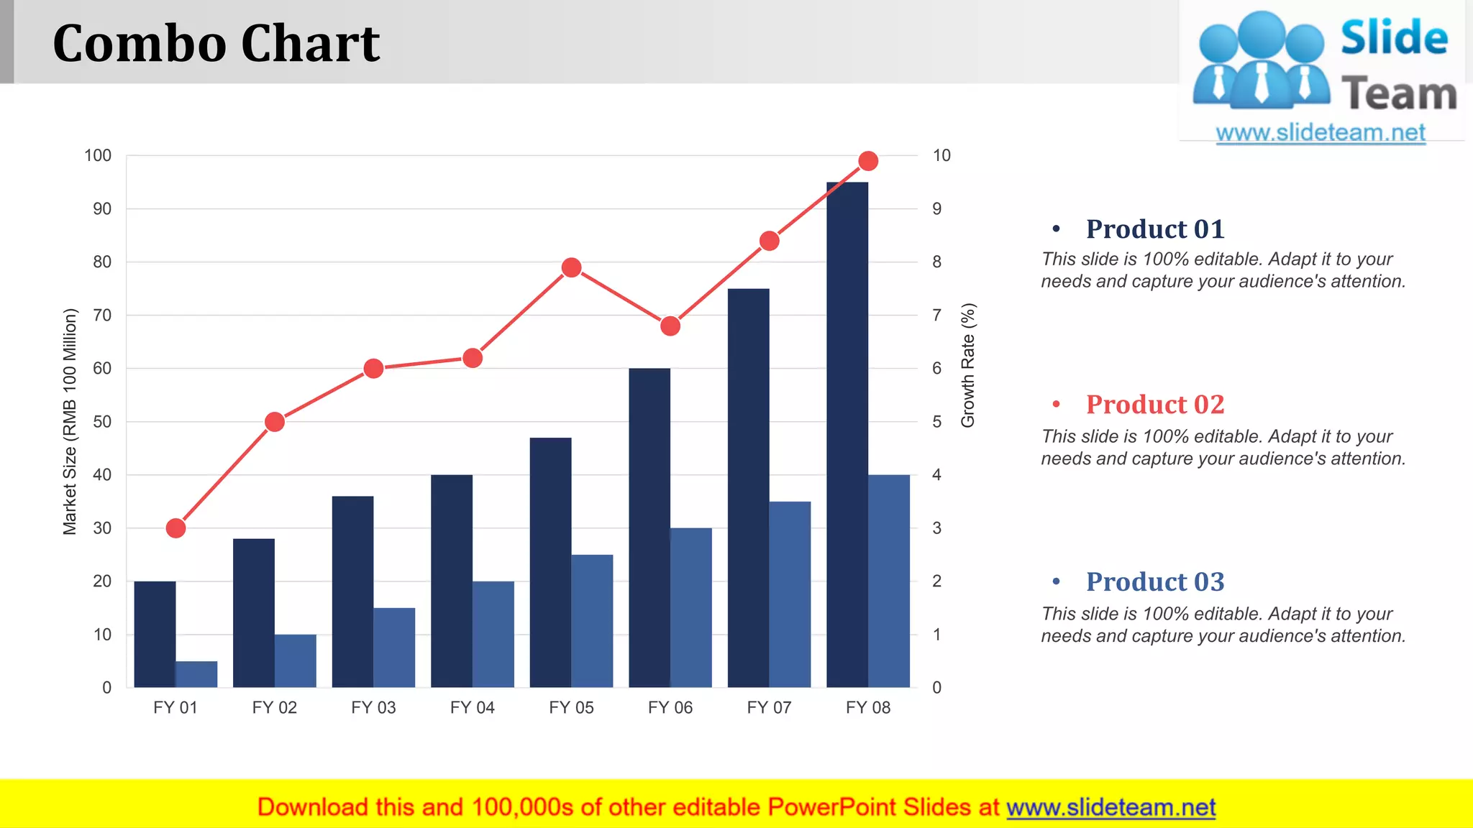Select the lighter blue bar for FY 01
tap(196, 674)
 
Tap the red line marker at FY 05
tap(571, 268)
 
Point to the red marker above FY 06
tap(670, 326)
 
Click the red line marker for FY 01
tap(175, 528)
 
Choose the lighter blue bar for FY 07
tap(790, 594)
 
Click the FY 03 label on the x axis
tap(373, 708)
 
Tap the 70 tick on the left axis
tap(102, 316)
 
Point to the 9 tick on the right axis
tap(936, 209)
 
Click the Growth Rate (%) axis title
tap(968, 365)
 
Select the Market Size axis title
tap(70, 422)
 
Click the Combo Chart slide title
tap(216, 43)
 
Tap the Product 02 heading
tap(1154, 405)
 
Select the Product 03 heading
tap(1154, 582)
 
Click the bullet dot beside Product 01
tap(1056, 229)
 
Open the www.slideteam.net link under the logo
tap(1321, 133)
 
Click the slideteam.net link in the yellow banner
tap(1111, 807)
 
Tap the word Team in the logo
tap(1398, 94)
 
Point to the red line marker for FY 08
tap(868, 161)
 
